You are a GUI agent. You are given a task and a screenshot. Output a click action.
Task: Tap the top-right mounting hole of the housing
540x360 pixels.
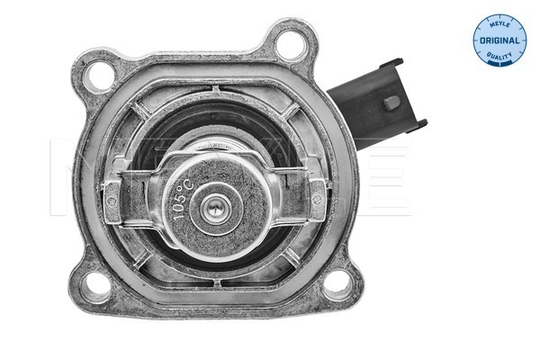point(294,43)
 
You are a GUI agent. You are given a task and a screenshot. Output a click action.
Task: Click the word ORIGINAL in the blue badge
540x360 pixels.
point(499,41)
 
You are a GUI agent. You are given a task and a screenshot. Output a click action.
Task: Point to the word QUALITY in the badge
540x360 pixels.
point(499,55)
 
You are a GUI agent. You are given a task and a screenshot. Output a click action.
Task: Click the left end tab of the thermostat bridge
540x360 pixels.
point(112,194)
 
